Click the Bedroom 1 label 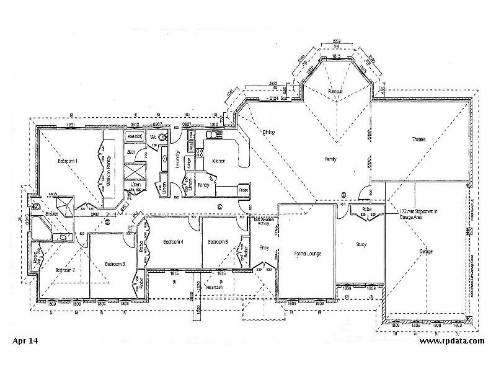[x=68, y=161]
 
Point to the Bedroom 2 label [x=64, y=270]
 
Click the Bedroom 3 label [x=115, y=264]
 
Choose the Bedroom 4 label [x=172, y=241]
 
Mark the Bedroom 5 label [x=218, y=241]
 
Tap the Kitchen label [x=219, y=161]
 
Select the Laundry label [x=177, y=159]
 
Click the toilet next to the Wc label [x=163, y=136]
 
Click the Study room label [x=360, y=244]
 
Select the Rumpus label [x=335, y=91]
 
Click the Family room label [x=330, y=159]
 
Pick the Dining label [x=268, y=132]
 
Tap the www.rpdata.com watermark [x=451, y=341]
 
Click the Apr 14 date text [x=25, y=341]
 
